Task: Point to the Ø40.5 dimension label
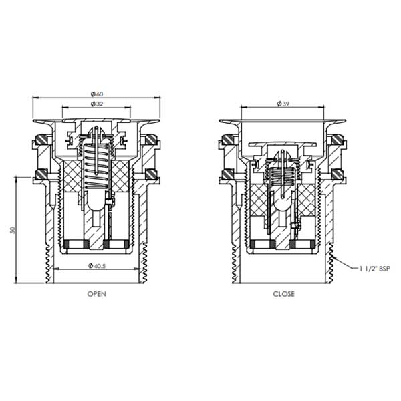click(98, 266)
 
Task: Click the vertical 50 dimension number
click(13, 230)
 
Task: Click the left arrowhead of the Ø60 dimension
click(35, 98)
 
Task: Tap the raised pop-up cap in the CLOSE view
click(283, 143)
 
